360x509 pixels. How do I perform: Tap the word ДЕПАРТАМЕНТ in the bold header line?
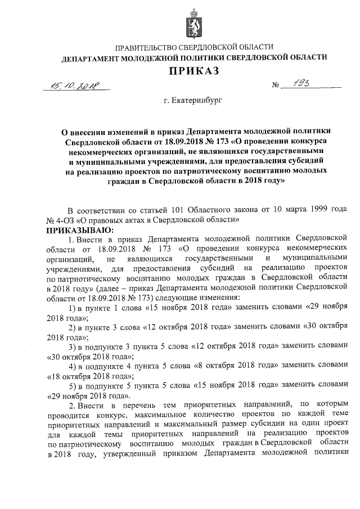(x=91, y=58)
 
